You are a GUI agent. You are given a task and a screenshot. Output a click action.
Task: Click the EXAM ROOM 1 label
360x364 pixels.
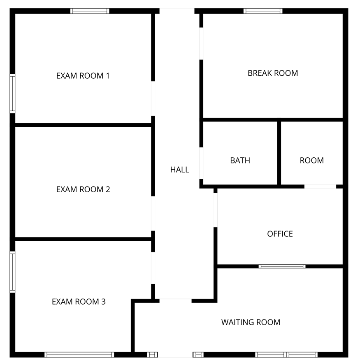[83, 76]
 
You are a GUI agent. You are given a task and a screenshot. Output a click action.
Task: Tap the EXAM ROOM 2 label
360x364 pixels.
[83, 189]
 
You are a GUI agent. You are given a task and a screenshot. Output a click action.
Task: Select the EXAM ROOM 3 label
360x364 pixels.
[79, 301]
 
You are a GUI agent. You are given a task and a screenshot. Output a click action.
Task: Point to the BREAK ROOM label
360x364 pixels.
[273, 73]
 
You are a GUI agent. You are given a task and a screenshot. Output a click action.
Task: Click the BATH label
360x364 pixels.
[240, 161]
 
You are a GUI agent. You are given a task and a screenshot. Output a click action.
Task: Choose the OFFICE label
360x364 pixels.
[280, 234]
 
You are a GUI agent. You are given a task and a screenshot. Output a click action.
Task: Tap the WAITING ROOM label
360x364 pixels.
[251, 322]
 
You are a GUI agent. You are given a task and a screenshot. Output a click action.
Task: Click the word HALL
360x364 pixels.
[179, 170]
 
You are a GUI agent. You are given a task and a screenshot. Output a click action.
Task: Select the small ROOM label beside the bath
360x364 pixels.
[312, 161]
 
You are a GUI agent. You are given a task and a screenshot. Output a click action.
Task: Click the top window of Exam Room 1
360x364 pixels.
[90, 11]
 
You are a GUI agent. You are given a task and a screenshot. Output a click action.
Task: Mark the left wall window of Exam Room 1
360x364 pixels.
[12, 94]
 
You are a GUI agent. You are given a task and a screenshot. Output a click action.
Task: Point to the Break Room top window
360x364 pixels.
[263, 11]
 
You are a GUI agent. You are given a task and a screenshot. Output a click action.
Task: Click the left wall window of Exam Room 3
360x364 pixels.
[12, 272]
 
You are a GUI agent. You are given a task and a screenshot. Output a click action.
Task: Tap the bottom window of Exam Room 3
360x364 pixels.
[79, 355]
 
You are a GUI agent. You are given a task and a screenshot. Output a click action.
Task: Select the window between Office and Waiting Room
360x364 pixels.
[282, 266]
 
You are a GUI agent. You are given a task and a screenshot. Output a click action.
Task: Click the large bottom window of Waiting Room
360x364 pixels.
[286, 355]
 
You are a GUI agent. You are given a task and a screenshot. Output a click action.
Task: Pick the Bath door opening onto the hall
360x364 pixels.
[201, 163]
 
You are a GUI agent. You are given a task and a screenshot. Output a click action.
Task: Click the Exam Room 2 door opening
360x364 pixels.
[153, 213]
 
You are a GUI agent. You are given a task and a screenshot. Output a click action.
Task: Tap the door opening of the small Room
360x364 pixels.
[320, 187]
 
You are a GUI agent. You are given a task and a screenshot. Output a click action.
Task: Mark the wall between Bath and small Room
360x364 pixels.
[279, 153]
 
